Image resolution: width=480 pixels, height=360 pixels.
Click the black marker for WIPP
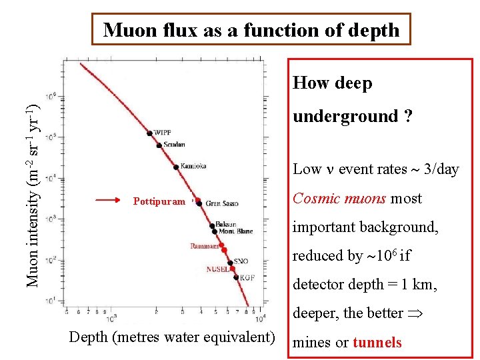click(150, 133)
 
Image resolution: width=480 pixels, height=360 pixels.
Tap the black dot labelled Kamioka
click(175, 166)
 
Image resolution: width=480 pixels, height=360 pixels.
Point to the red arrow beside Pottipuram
click(107, 199)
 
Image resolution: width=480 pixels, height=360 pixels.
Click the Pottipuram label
click(159, 201)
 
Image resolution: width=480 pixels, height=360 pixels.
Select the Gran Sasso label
click(222, 203)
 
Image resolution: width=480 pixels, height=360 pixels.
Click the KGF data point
click(237, 277)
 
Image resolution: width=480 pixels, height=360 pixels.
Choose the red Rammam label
click(204, 246)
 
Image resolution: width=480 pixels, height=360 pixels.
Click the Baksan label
click(227, 225)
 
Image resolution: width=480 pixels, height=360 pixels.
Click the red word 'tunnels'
click(377, 343)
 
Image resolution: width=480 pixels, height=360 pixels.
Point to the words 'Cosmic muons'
click(339, 199)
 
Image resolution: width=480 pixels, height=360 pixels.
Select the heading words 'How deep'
click(333, 83)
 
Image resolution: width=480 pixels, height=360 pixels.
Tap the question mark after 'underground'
click(407, 117)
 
